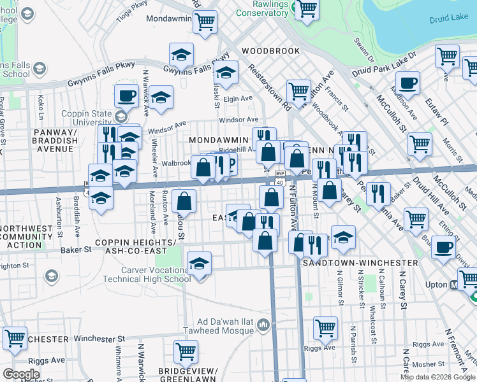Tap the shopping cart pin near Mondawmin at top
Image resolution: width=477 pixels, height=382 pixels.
point(205,22)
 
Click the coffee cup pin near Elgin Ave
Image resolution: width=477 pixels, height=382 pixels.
point(126,95)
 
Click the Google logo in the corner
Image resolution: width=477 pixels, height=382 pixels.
point(21,374)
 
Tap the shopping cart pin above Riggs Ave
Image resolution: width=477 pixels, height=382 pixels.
point(325,328)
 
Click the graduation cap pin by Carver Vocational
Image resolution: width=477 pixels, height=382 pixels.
point(200,263)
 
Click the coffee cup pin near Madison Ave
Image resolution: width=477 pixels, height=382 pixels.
point(407,82)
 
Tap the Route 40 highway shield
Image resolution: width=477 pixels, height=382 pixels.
point(280,183)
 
